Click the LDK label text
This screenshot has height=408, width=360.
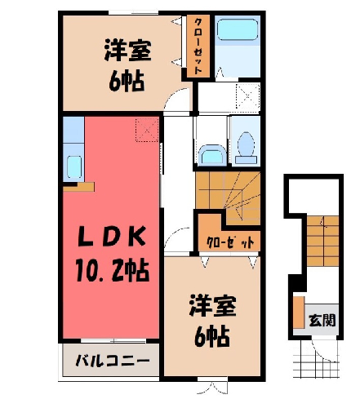111,237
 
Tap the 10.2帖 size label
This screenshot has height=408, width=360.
112,271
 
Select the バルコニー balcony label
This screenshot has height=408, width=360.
113,361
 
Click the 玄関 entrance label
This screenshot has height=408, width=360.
322,320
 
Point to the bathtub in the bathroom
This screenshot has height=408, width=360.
238,29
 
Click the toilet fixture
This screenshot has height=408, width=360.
246,148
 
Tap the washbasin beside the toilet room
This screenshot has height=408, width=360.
212,155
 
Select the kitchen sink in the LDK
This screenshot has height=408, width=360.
74,166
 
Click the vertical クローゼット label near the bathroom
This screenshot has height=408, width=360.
198,46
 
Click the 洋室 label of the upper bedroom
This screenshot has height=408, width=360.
127,51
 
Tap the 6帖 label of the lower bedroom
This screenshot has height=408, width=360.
211,336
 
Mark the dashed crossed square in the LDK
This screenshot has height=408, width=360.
147,130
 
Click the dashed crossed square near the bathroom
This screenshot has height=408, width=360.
247,96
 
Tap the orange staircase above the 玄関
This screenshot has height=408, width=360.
323,241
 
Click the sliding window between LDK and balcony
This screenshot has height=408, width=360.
113,341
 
